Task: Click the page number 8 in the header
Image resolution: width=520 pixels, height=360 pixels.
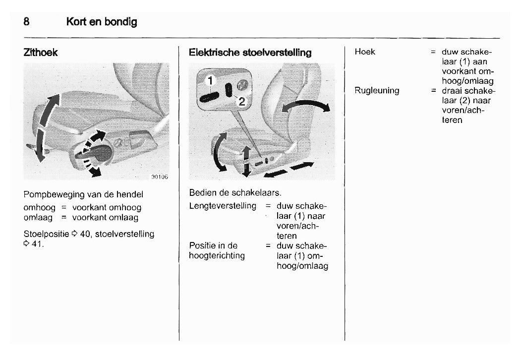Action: point(26,22)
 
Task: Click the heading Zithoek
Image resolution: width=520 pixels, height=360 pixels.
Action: point(41,53)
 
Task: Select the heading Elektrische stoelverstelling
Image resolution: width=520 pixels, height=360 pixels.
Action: point(250,53)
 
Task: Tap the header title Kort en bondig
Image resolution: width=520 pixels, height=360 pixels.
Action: point(102,22)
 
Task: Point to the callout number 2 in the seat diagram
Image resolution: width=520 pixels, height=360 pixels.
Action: point(241,102)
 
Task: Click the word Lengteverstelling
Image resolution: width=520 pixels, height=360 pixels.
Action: point(223,205)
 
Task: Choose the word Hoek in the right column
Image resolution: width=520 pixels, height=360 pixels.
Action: point(365,52)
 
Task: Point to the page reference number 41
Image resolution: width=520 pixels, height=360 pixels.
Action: point(37,244)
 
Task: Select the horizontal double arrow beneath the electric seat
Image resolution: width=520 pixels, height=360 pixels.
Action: point(289,170)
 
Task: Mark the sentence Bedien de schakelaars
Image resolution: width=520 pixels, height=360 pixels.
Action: point(235,192)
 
